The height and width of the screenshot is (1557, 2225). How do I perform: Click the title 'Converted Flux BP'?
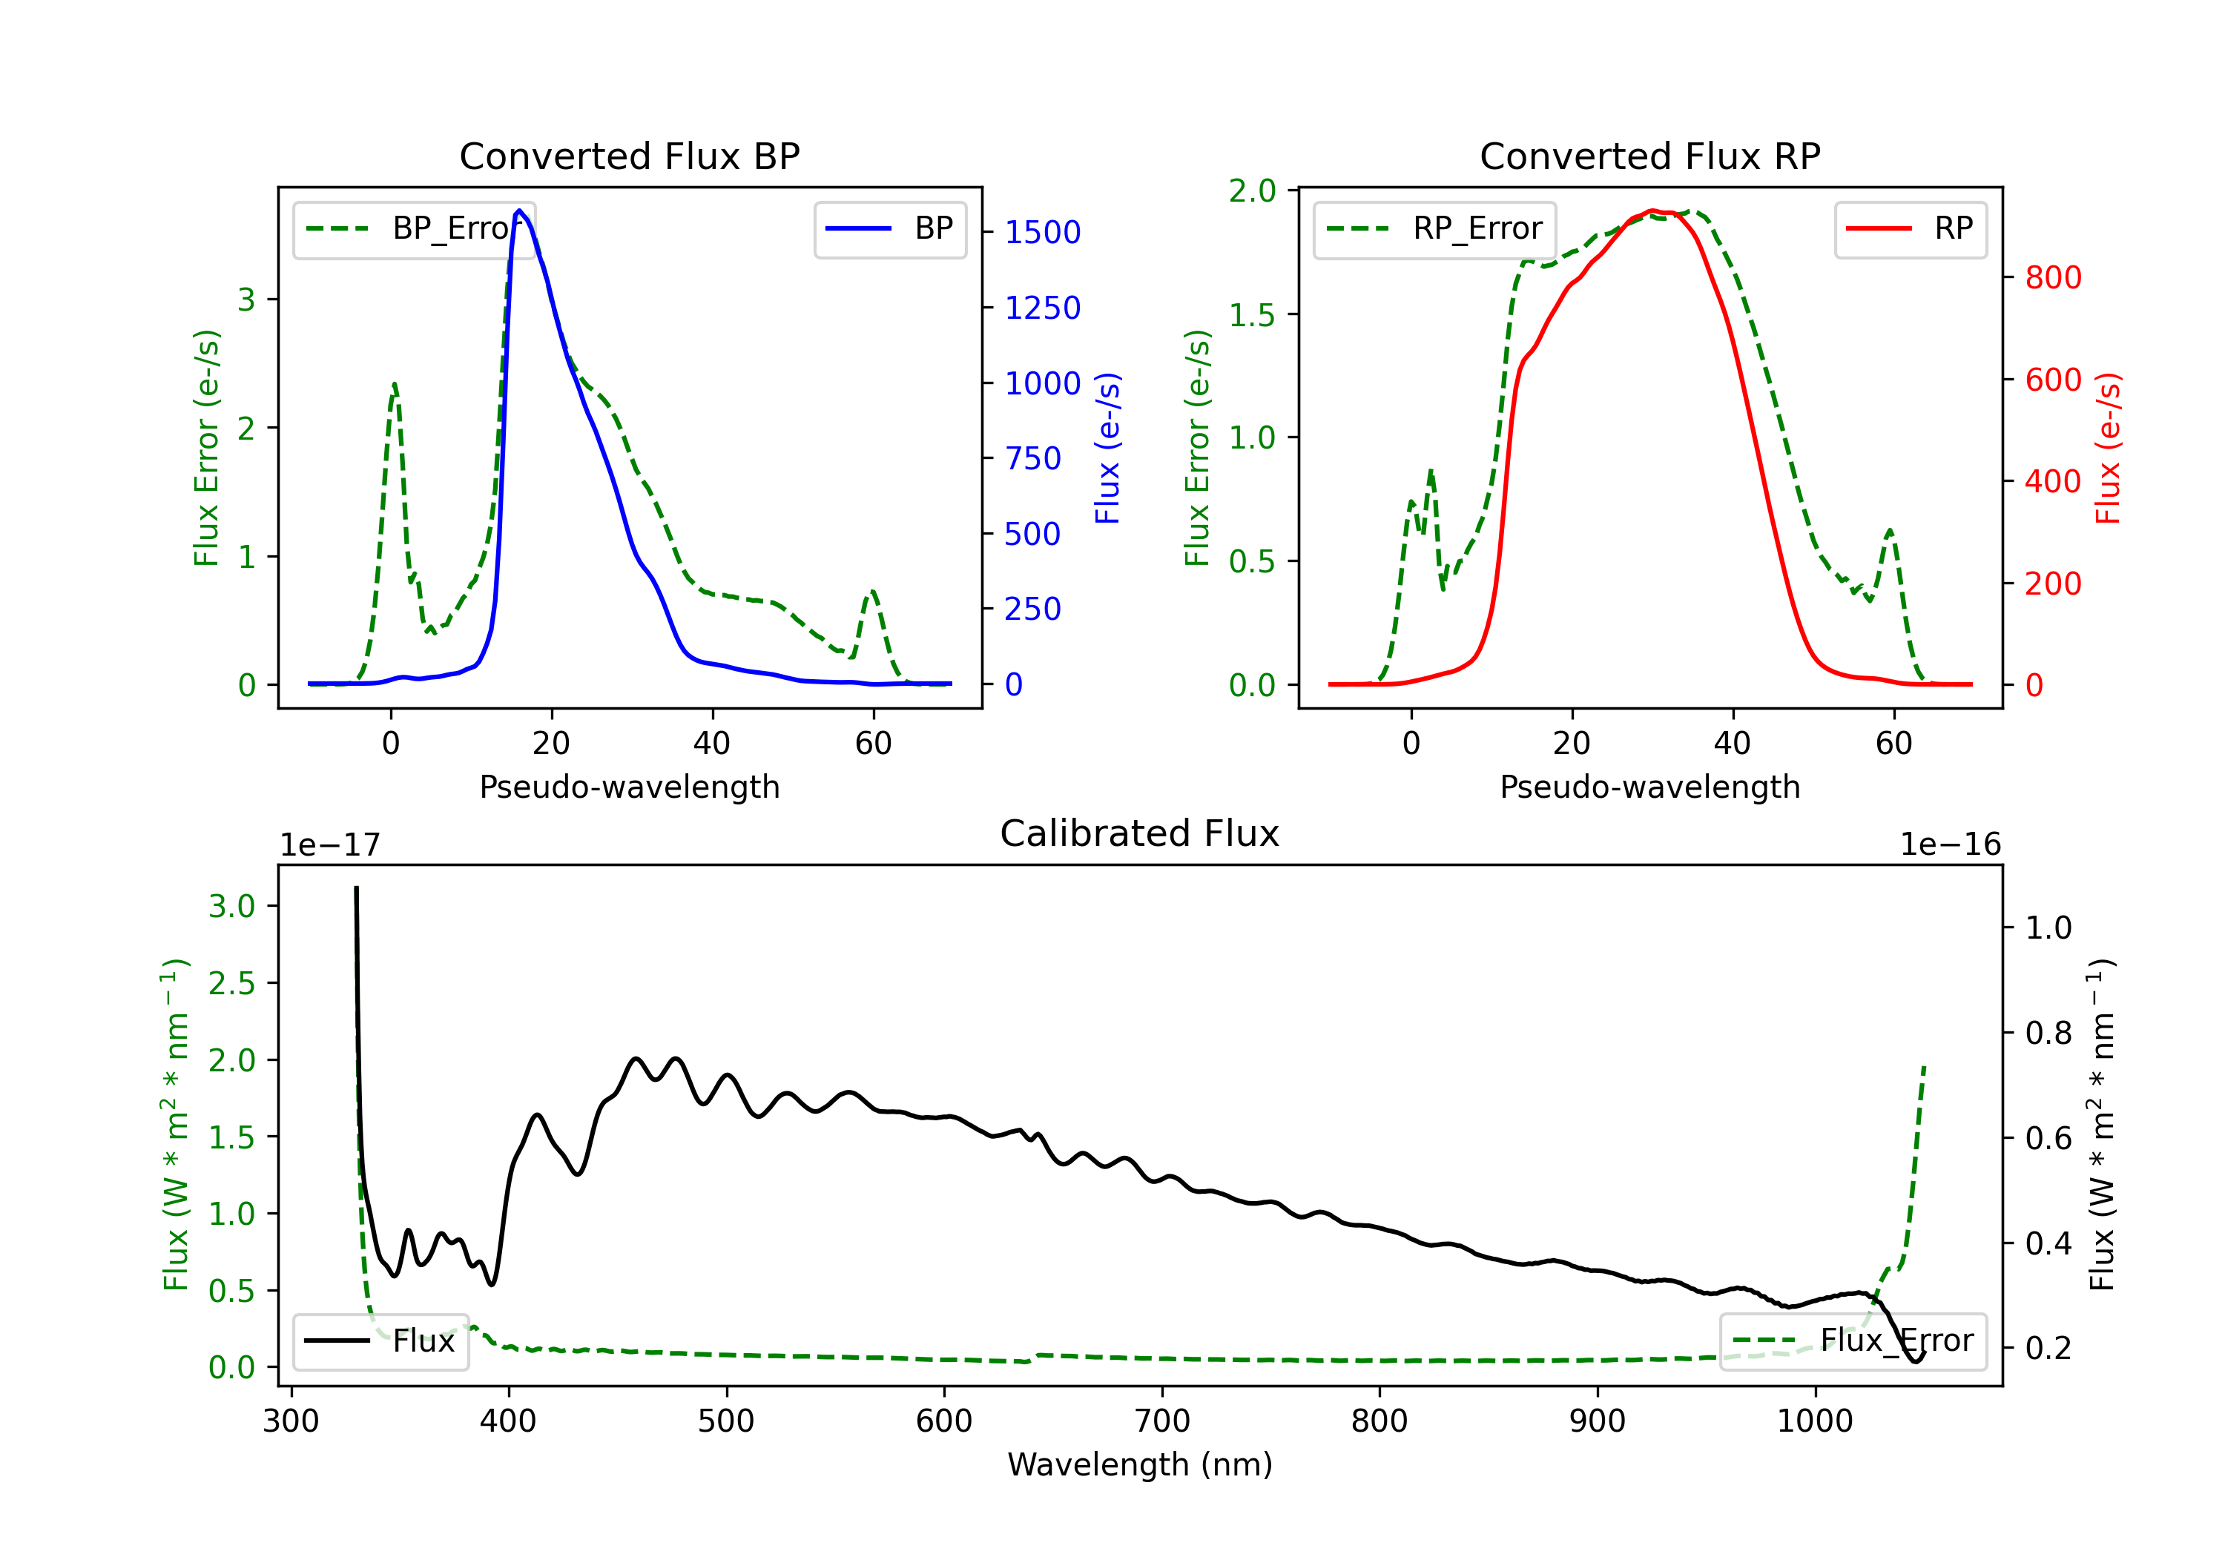coord(629,156)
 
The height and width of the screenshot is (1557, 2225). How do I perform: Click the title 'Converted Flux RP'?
coord(1649,156)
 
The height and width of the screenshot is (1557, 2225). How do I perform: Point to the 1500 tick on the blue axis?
coord(1042,233)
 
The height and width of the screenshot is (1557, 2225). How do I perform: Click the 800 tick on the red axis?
coord(2052,278)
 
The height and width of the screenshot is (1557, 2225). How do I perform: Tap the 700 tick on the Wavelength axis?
coord(1161,1421)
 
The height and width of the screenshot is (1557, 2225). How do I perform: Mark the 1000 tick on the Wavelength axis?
coord(1814,1421)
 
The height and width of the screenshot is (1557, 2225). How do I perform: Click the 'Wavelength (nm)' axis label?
coord(1140,1464)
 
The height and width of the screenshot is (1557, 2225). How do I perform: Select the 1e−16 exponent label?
coord(1950,845)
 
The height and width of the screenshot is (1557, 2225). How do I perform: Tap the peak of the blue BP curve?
coord(519,211)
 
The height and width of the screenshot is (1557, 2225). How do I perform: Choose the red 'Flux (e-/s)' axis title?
coord(2109,448)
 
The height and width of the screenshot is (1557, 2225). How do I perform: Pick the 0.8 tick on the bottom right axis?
coord(2048,1034)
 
